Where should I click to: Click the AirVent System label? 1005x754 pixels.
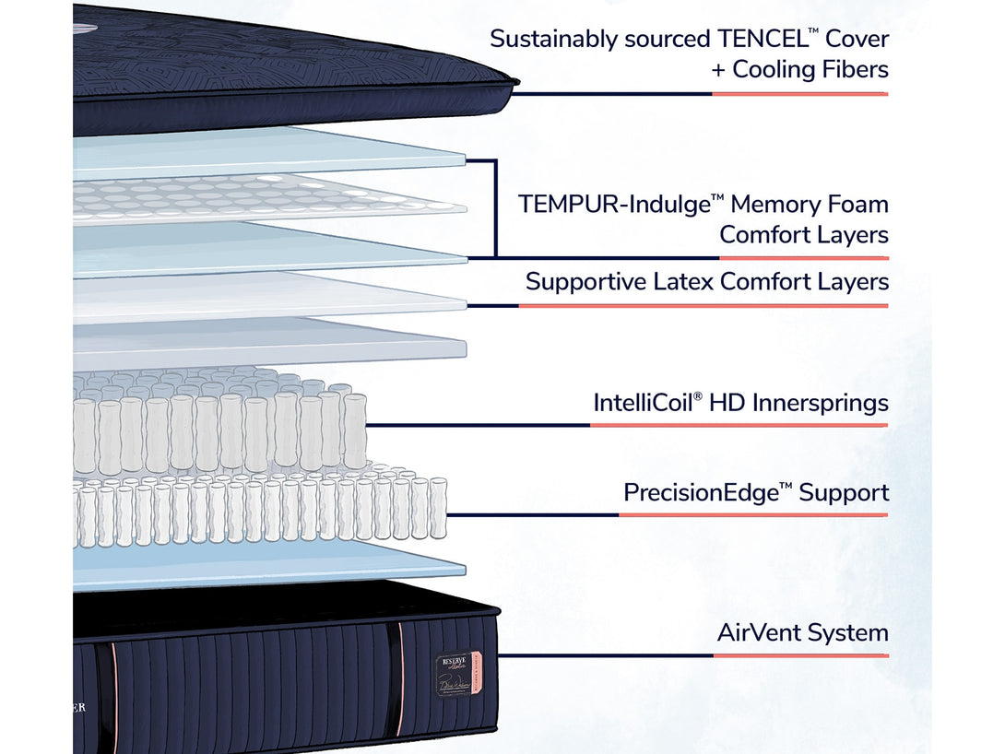coord(802,633)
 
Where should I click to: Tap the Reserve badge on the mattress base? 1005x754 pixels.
coord(453,674)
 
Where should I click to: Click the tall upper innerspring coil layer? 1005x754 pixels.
coord(221,424)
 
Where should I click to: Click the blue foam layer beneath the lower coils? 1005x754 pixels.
coord(267,563)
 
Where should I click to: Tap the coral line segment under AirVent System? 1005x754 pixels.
coord(800,655)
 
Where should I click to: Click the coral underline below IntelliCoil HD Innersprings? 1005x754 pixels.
coord(738,425)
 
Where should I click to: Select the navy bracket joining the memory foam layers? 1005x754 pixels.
coord(495,207)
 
